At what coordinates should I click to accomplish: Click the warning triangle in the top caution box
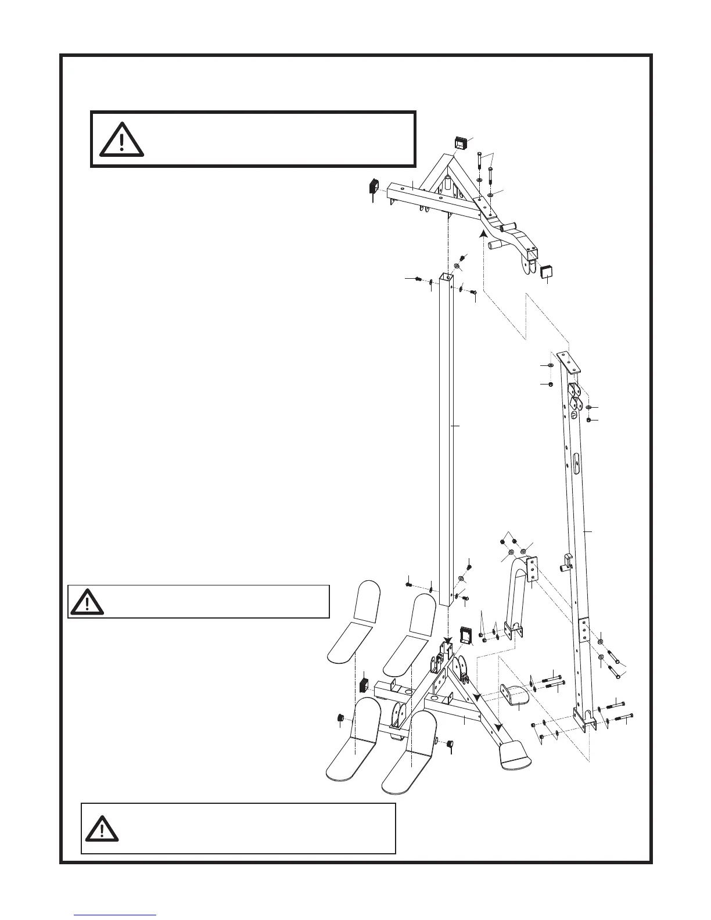coord(121,139)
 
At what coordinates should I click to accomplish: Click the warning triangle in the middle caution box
coord(87,602)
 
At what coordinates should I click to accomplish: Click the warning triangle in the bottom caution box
coord(102,828)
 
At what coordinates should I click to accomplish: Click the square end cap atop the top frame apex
coord(462,143)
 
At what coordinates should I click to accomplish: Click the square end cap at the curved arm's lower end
coord(547,271)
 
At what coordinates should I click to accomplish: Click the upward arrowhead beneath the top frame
coord(482,234)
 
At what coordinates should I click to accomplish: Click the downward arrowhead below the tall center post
coord(447,643)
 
